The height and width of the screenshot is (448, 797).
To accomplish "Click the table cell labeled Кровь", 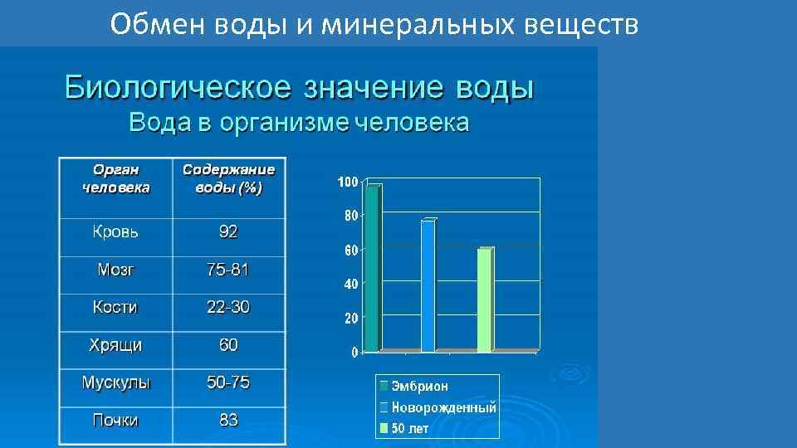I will coord(115,232).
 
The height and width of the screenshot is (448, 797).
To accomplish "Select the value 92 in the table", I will coord(228,232).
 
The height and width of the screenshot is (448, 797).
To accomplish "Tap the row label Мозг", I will coord(115,270).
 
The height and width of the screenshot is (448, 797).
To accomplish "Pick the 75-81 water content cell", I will coord(228,270).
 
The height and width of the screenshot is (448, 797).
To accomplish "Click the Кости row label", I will coord(115,307).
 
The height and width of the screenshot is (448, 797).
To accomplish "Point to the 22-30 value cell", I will coord(228,307).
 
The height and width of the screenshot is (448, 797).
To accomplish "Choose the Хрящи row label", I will coord(115,344).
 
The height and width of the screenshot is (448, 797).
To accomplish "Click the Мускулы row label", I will coord(115,382).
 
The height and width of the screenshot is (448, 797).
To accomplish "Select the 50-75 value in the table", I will coord(228,382).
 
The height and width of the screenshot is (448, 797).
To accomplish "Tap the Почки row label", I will coord(115,421).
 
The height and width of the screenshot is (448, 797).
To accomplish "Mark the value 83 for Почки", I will coord(228,421).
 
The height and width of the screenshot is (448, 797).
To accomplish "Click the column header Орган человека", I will coord(116,178).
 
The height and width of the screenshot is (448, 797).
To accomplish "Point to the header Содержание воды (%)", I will coord(228,178).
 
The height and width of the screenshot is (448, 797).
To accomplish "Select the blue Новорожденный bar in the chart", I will coord(428,285).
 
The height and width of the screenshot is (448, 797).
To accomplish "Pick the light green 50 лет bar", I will coord(484,299).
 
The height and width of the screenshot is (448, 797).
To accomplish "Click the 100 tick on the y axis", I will coord(348,182).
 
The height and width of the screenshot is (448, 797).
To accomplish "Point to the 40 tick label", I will coord(351,284).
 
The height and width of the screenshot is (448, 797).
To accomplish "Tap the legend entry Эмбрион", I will coord(420,386).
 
